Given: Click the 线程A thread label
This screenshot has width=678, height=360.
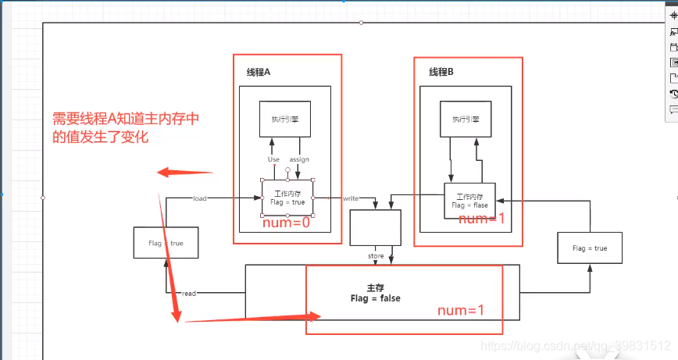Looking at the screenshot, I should point(258,72).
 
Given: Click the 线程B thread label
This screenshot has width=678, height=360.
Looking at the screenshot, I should point(441,72).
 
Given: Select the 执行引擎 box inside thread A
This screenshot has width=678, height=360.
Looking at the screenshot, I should point(285,119).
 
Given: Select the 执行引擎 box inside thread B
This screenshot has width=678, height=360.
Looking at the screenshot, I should point(466,119).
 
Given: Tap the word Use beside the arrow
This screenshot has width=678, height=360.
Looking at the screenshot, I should point(273,159).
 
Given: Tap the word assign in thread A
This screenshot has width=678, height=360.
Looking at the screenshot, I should point(299,159).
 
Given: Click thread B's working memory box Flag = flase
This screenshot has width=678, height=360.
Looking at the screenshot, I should point(469,201).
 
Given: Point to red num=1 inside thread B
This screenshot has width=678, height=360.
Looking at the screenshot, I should point(482,219).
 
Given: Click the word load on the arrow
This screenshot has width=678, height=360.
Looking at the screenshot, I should point(200,198).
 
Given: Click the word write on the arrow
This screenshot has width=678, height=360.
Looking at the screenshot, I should point(351,198).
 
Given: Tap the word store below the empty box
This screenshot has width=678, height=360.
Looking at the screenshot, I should point(376,256).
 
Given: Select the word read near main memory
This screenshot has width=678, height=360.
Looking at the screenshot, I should point(189,294).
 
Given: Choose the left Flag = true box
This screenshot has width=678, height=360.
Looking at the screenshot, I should point(166,243).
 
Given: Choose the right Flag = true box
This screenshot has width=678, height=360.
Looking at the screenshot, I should point(590,248).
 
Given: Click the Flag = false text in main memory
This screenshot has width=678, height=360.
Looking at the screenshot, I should point(376,298).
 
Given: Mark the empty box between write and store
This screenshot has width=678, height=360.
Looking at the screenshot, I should point(375,228).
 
